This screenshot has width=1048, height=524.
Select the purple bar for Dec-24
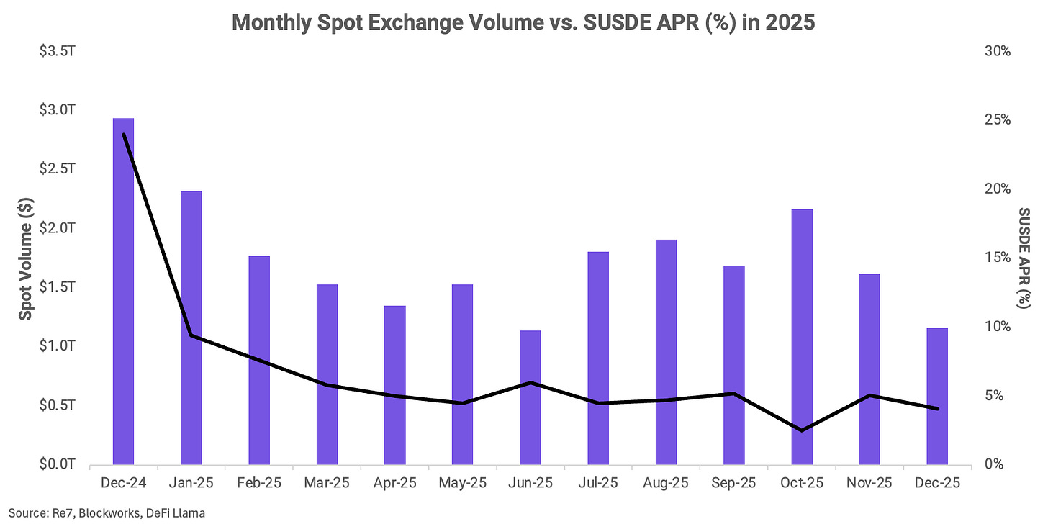(x=124, y=291)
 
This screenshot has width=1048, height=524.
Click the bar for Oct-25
(x=802, y=337)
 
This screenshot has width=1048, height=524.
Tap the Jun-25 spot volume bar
(x=530, y=397)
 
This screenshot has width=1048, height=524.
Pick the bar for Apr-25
(x=395, y=385)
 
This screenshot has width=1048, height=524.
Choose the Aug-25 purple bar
(x=667, y=352)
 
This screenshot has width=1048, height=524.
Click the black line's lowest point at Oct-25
(x=802, y=430)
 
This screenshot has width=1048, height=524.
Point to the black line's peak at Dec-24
(x=124, y=135)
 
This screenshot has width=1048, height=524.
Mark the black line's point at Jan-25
(x=191, y=335)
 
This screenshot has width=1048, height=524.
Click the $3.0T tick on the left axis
(x=57, y=110)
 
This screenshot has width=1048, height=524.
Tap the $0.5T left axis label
(x=57, y=405)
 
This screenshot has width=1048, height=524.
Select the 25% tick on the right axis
(x=998, y=119)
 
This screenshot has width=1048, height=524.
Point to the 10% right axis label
(x=998, y=327)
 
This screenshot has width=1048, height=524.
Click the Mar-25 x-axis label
(x=327, y=483)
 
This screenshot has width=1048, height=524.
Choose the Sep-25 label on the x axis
(x=733, y=483)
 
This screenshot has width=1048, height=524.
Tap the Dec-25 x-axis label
(x=937, y=483)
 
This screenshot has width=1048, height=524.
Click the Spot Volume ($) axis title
(x=26, y=258)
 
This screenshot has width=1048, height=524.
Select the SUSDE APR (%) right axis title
(x=1024, y=258)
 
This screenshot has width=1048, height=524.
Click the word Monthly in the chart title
(x=271, y=22)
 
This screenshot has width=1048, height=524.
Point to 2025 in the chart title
(x=790, y=22)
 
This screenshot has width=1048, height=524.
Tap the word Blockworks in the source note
(x=109, y=513)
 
